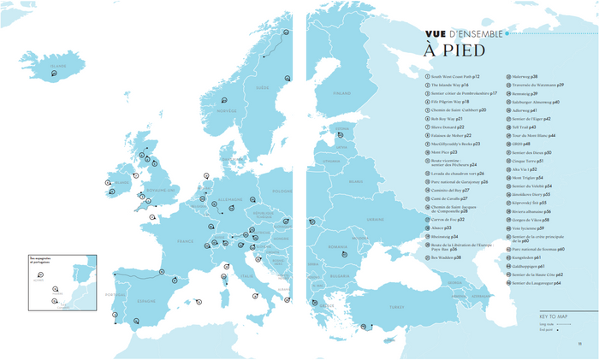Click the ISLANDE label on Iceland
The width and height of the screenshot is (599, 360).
click(57, 65)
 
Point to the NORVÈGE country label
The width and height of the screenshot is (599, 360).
click(226, 110)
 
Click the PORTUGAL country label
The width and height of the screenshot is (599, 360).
click(112, 292)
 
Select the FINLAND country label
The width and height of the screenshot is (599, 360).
click(342, 92)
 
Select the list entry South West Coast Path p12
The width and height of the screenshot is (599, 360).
click(455, 76)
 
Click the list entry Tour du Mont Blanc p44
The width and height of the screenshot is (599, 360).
click(534, 135)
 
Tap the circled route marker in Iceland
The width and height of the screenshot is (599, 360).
click(55, 74)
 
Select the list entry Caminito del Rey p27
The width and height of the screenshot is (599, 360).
click(450, 190)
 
